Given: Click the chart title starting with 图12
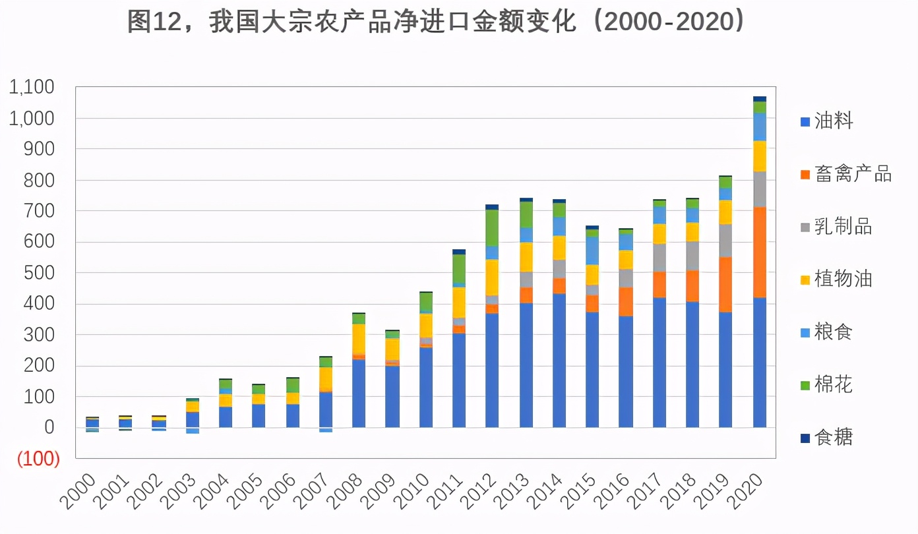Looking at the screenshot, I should (x=437, y=22).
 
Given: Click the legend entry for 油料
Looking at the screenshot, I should (x=827, y=121).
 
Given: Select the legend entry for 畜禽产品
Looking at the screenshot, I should (x=846, y=174).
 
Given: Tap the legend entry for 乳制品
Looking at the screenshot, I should (x=836, y=227).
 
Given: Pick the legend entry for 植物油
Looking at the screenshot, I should (x=836, y=279).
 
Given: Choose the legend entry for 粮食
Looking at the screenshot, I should (x=827, y=332).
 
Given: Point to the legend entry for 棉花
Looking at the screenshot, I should (x=827, y=384).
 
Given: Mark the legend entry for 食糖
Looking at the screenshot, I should (x=827, y=437).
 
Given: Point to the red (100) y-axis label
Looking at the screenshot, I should (x=39, y=460).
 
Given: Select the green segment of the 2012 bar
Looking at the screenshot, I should (x=492, y=227).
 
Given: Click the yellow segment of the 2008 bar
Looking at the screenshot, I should (x=359, y=338).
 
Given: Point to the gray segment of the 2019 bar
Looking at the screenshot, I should (x=725, y=241).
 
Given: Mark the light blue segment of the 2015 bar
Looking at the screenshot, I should (x=592, y=251).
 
